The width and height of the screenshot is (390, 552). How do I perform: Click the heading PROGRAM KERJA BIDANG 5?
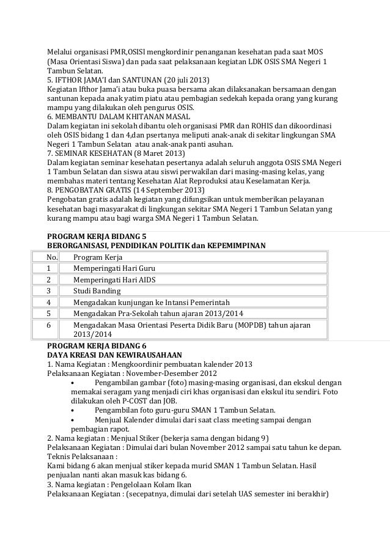(x=97, y=236)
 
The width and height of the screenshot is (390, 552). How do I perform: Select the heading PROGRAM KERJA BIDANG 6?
(x=97, y=345)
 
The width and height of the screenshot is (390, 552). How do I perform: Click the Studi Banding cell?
(x=97, y=290)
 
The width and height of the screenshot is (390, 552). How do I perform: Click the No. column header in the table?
(x=53, y=257)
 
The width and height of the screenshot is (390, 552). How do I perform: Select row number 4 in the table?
(x=48, y=302)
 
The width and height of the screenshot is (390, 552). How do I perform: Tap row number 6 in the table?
(x=48, y=325)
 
